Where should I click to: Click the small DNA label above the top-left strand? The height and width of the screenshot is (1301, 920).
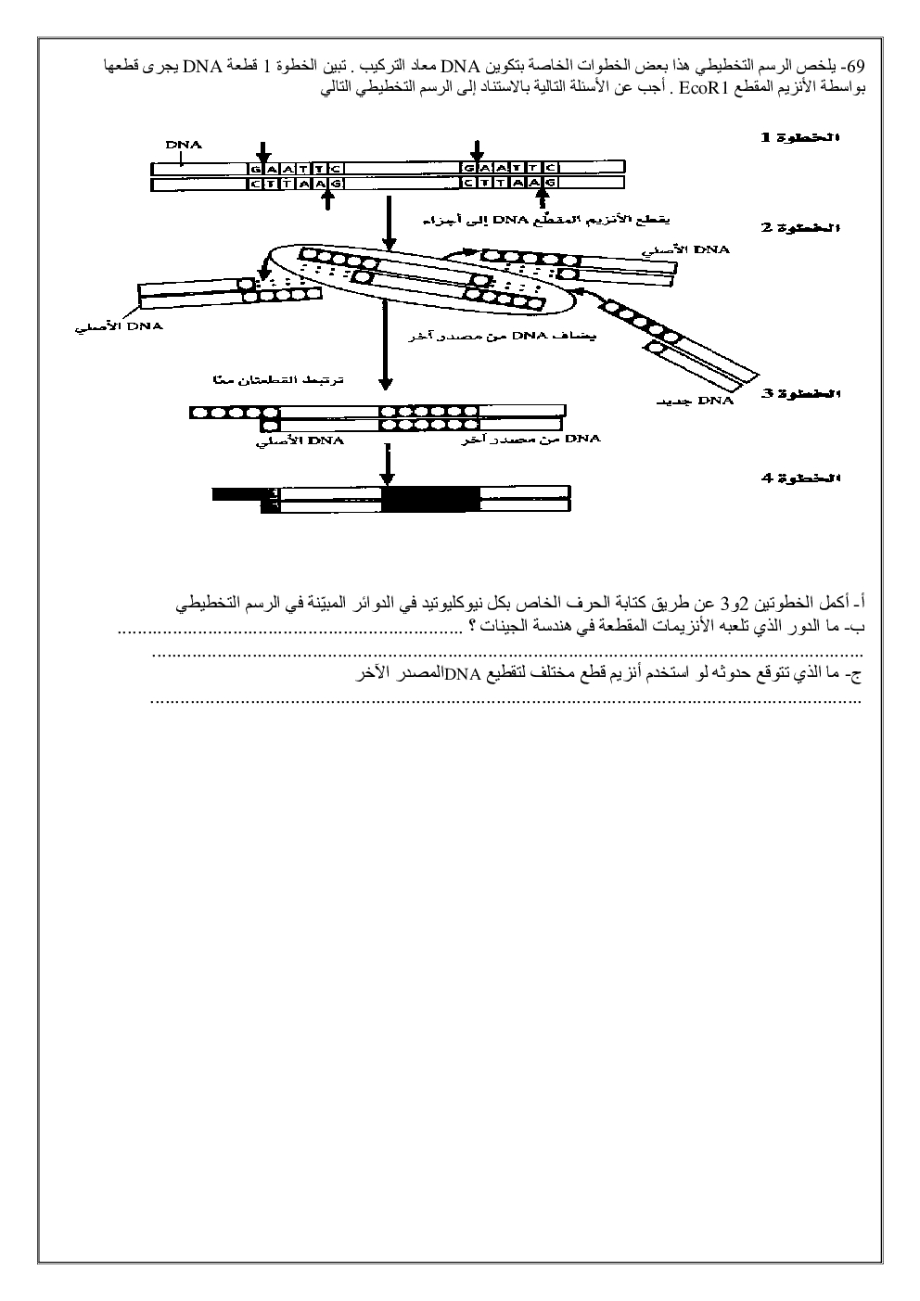coord(183,145)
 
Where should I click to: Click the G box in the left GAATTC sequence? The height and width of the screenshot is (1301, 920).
coord(257,168)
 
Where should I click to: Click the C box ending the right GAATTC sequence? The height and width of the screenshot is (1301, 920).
coord(552,168)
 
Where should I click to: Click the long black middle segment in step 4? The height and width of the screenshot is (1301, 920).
coord(431,500)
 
